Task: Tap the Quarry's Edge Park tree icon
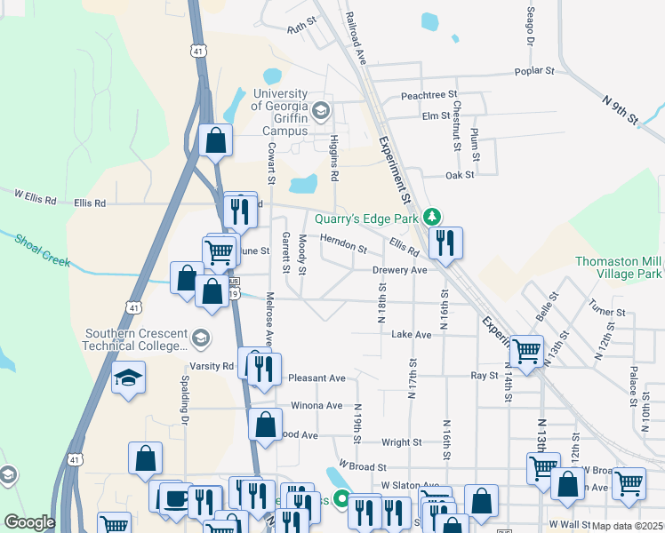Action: coord(432,216)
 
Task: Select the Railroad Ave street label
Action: coord(357,36)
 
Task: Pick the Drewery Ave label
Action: coord(400,269)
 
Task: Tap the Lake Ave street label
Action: coord(411,334)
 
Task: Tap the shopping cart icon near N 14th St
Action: coord(526,351)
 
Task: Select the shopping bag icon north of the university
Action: coord(215,139)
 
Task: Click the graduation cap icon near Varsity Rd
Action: coord(128,378)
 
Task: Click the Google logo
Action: coord(30,522)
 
